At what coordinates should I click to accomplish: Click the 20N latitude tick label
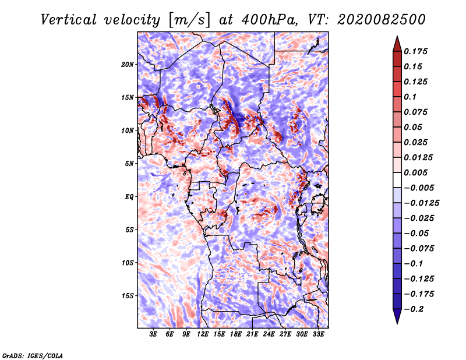point(128,64)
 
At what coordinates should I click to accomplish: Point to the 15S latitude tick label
point(128,296)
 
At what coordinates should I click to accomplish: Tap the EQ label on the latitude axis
point(129,197)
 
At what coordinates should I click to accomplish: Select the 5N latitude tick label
point(129,164)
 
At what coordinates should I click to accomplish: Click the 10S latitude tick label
point(128,263)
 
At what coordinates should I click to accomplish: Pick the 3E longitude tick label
point(154,334)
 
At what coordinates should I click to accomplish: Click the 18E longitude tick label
point(236,334)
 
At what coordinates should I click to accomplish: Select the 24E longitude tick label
point(269,334)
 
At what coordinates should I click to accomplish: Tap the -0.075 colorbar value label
point(422,249)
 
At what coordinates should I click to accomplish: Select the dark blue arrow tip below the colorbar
point(396,320)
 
